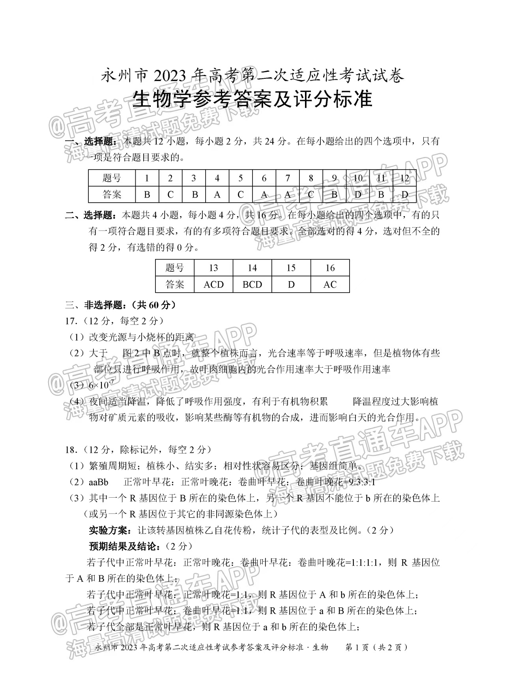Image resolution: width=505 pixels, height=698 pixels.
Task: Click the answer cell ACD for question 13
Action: click(x=213, y=284)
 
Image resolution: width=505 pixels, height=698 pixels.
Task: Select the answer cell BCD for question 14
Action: click(x=252, y=284)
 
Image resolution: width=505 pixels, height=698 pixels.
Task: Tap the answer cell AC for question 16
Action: click(x=330, y=284)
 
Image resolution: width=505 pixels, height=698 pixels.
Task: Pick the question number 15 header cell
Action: click(x=291, y=268)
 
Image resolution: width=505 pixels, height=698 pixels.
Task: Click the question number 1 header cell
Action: click(x=147, y=178)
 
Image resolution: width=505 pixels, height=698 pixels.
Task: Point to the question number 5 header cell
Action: click(x=241, y=178)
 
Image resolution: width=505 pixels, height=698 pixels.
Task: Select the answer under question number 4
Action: click(x=217, y=194)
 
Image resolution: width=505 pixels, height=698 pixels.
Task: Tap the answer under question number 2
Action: click(x=170, y=194)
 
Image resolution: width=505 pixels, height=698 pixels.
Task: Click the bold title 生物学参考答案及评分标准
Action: click(x=252, y=99)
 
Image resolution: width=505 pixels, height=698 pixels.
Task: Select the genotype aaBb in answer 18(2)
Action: click(x=99, y=482)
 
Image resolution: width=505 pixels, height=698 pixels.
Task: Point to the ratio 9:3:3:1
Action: click(x=359, y=482)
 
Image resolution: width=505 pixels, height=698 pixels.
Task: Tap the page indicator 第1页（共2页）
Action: click(x=376, y=647)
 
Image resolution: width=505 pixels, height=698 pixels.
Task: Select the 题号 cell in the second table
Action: click(x=175, y=268)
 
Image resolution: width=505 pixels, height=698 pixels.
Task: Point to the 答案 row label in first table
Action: click(x=112, y=194)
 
